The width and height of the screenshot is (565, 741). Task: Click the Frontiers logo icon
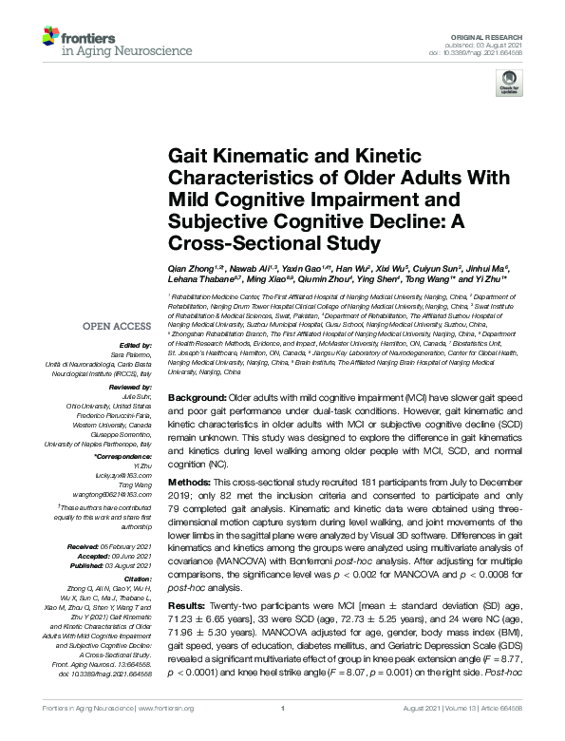click(49, 39)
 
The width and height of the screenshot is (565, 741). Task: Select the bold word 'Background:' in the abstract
click(197, 395)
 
